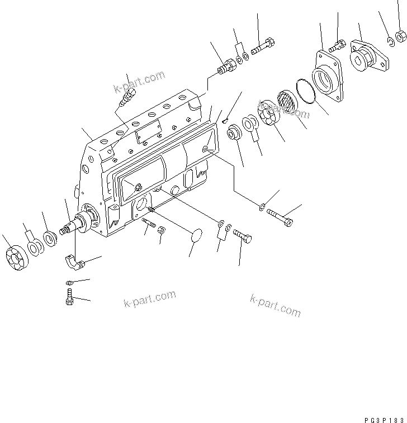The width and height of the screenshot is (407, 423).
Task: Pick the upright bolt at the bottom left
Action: tap(69, 296)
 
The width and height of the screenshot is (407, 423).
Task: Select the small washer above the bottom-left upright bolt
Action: tap(69, 283)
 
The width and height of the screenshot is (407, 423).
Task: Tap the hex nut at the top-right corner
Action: tap(400, 37)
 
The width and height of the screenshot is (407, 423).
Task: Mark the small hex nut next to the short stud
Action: tap(160, 229)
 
